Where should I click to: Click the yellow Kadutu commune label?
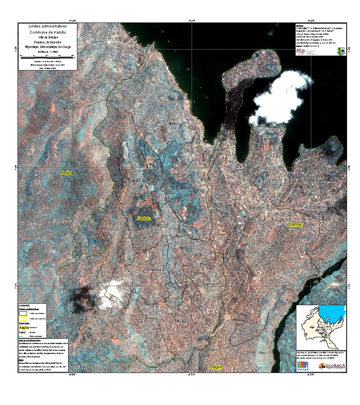coord(144,219)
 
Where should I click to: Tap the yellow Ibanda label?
coord(295,224)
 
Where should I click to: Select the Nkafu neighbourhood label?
coord(173,123)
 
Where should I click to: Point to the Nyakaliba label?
coord(136,181)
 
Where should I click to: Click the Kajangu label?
coord(108,229)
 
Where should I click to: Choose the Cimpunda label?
coord(154,270)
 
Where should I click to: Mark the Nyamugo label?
coord(210,284)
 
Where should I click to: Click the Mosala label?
coord(180,321)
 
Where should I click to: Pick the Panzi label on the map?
coord(263,353)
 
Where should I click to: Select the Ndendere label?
coord(256,207)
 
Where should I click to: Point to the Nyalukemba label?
coord(325,181)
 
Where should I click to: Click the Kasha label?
coord(67,108)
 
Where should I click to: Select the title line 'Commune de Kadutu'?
coord(48,32)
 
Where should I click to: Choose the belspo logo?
coord(304,366)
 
